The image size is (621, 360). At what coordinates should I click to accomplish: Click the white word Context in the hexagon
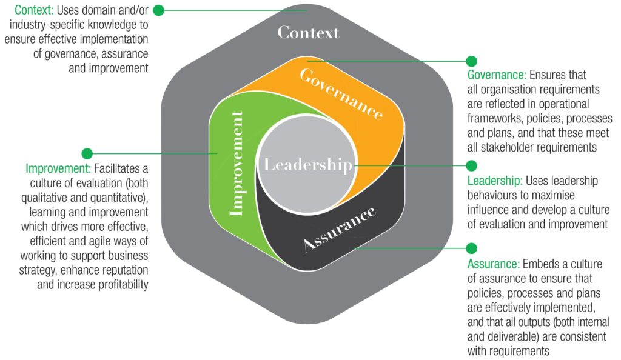coord(308,32)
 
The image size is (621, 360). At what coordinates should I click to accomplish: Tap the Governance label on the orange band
coord(342,93)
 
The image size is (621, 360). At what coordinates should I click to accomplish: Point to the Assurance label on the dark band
coord(339,230)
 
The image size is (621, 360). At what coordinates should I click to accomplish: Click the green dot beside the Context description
coord(158,10)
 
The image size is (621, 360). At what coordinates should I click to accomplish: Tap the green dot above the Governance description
coord(471,61)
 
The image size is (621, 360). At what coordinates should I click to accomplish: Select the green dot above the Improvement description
coord(87,153)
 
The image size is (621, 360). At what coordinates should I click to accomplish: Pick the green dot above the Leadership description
coord(471,166)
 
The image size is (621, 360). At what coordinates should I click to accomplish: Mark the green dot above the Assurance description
coord(471,248)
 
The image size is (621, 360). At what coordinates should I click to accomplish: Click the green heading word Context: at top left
coord(33,10)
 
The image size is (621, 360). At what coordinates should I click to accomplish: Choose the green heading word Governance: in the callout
coord(496,75)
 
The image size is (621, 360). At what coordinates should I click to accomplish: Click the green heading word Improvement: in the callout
coord(58,168)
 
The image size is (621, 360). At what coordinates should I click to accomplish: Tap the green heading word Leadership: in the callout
coord(495,181)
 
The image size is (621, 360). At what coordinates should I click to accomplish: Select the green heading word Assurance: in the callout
coord(493,264)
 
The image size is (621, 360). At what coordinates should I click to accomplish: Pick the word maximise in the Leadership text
coord(554,195)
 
